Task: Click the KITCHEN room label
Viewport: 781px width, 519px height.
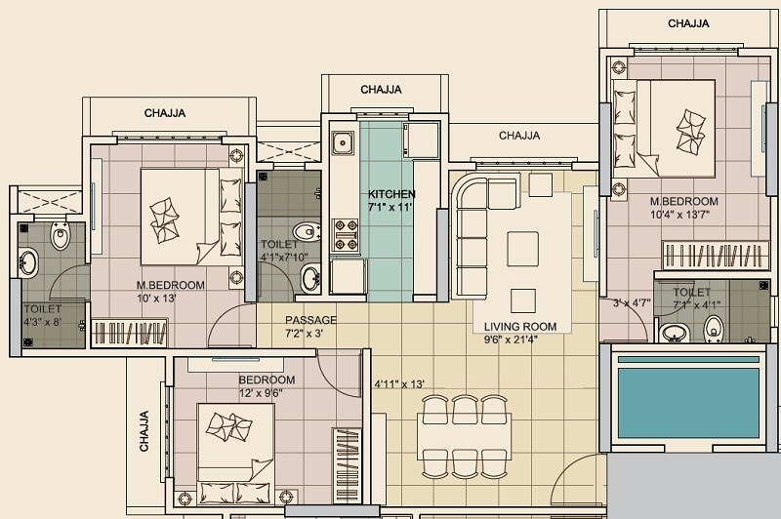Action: click(x=391, y=194)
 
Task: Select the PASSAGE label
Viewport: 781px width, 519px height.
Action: click(x=310, y=320)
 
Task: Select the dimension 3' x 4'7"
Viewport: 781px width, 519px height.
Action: click(x=631, y=302)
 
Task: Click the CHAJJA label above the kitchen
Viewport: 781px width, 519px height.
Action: click(x=381, y=90)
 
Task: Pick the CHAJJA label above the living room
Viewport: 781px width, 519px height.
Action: click(x=519, y=136)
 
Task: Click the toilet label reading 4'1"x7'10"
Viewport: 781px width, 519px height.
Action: click(x=284, y=252)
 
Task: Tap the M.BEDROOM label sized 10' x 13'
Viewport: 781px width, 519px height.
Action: click(x=170, y=292)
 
